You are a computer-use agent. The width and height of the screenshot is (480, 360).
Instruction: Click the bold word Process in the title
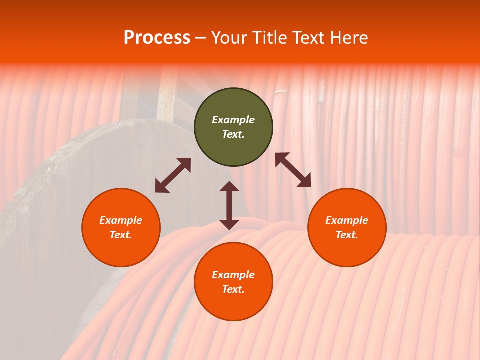(x=157, y=38)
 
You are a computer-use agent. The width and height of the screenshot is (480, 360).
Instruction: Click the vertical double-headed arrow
(x=229, y=205)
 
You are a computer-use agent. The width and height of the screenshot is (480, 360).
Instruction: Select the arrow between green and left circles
(x=173, y=175)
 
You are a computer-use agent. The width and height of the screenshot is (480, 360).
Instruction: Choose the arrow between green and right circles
(x=293, y=170)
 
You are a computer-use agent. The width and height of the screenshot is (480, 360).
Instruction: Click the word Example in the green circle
(x=233, y=120)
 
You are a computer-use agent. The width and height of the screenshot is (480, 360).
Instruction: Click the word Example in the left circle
(x=121, y=220)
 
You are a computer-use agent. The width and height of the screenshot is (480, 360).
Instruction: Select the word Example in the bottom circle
(x=233, y=275)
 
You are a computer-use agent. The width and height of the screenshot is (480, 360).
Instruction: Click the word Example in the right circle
(x=347, y=220)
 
